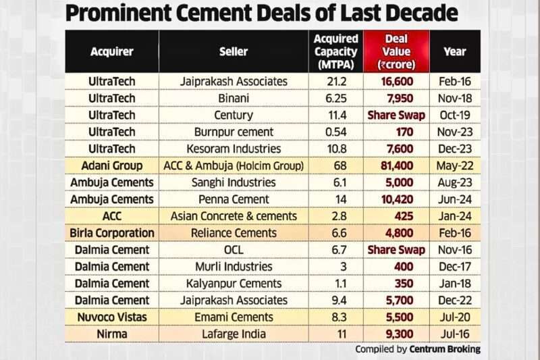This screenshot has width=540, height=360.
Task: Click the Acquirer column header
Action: pyautogui.click(x=111, y=51)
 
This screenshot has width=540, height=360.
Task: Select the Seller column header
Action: pyautogui.click(x=234, y=51)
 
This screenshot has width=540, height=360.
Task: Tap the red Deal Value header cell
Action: pyautogui.click(x=396, y=51)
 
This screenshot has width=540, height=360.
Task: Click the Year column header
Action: pyautogui.click(x=455, y=51)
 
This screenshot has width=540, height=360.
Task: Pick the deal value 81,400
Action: pyautogui.click(x=396, y=165)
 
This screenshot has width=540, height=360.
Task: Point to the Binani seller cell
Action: pyautogui.click(x=234, y=98)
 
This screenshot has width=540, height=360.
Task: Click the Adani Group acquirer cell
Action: pyautogui.click(x=111, y=165)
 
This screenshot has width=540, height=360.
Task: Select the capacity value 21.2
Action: pyautogui.click(x=335, y=81)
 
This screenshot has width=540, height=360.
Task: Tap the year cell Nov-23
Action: pyautogui.click(x=455, y=132)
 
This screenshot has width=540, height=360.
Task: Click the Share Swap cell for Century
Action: pyautogui.click(x=396, y=115)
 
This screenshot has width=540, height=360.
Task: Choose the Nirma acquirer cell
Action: pyautogui.click(x=111, y=334)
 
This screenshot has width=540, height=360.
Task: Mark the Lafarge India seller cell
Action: pyautogui.click(x=234, y=334)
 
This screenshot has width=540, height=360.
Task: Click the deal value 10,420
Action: pyautogui.click(x=396, y=199)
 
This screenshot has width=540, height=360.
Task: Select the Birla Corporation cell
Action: pyautogui.click(x=111, y=233)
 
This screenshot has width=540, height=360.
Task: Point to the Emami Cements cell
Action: pyautogui.click(x=234, y=317)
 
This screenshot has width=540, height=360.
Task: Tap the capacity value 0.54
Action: pyautogui.click(x=335, y=132)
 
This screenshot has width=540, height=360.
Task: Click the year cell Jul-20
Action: pyautogui.click(x=455, y=317)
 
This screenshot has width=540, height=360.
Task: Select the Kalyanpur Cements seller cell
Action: pyautogui.click(x=234, y=283)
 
